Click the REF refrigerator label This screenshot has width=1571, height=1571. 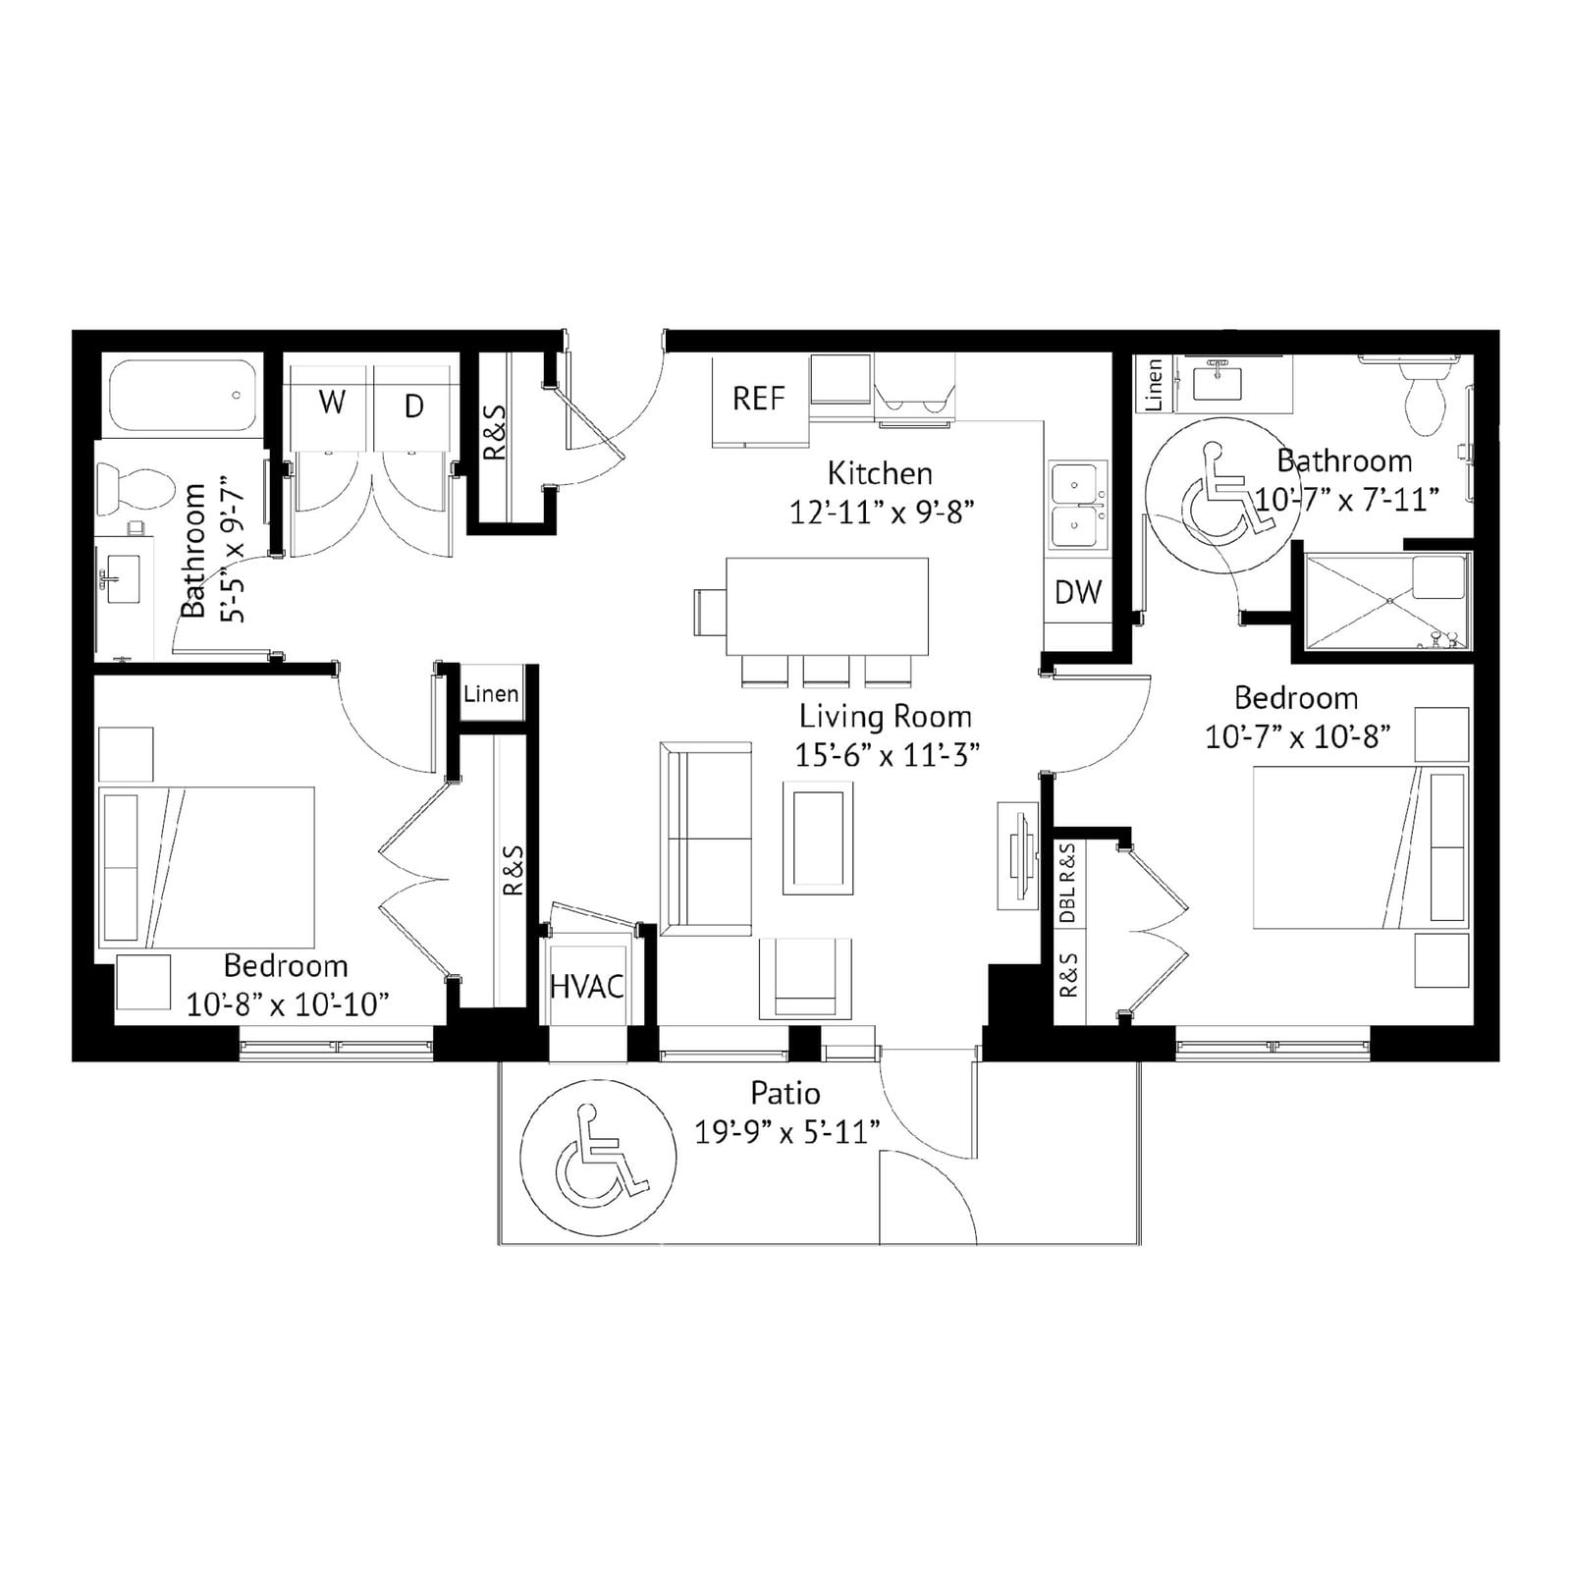758,399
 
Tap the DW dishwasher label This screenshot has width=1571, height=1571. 1078,592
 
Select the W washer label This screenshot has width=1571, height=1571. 332,403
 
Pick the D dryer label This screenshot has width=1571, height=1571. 414,406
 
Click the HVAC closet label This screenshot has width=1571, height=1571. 587,986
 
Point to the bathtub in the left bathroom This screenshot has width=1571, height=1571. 184,397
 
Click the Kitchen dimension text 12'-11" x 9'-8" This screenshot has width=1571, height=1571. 882,513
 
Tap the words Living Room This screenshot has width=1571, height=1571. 886,717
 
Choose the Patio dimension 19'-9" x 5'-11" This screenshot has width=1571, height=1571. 786,1132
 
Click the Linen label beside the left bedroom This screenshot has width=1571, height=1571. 491,694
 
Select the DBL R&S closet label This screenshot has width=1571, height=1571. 1068,883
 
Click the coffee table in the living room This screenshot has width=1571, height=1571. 818,838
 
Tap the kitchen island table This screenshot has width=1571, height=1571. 827,606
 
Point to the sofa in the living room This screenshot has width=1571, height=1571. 706,840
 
